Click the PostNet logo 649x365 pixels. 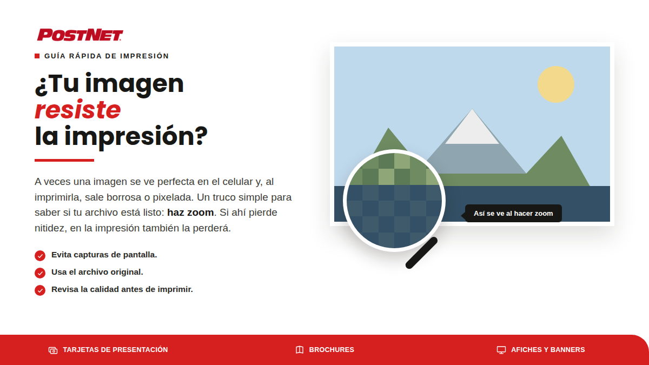click(x=80, y=35)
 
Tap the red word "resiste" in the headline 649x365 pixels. click(x=78, y=110)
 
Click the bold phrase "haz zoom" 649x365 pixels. click(x=190, y=213)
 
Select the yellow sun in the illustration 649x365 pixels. click(x=556, y=84)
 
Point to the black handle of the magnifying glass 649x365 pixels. click(x=421, y=253)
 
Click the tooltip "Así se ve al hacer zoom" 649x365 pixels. click(x=513, y=214)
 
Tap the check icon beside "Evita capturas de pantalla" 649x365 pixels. click(x=40, y=255)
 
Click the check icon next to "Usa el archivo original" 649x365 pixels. click(x=40, y=273)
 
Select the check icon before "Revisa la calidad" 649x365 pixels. click(x=40, y=290)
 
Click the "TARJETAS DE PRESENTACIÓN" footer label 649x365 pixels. click(x=115, y=350)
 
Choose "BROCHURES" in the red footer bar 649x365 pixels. click(x=332, y=350)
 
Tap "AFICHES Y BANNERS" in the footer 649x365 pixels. click(x=548, y=350)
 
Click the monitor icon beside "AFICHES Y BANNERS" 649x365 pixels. click(x=501, y=350)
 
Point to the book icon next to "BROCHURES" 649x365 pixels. click(x=300, y=350)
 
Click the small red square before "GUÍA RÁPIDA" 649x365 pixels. click(x=37, y=56)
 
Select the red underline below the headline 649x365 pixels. click(x=64, y=160)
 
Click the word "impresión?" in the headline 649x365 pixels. click(x=136, y=136)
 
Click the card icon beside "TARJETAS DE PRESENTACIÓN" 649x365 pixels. click(x=53, y=350)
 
